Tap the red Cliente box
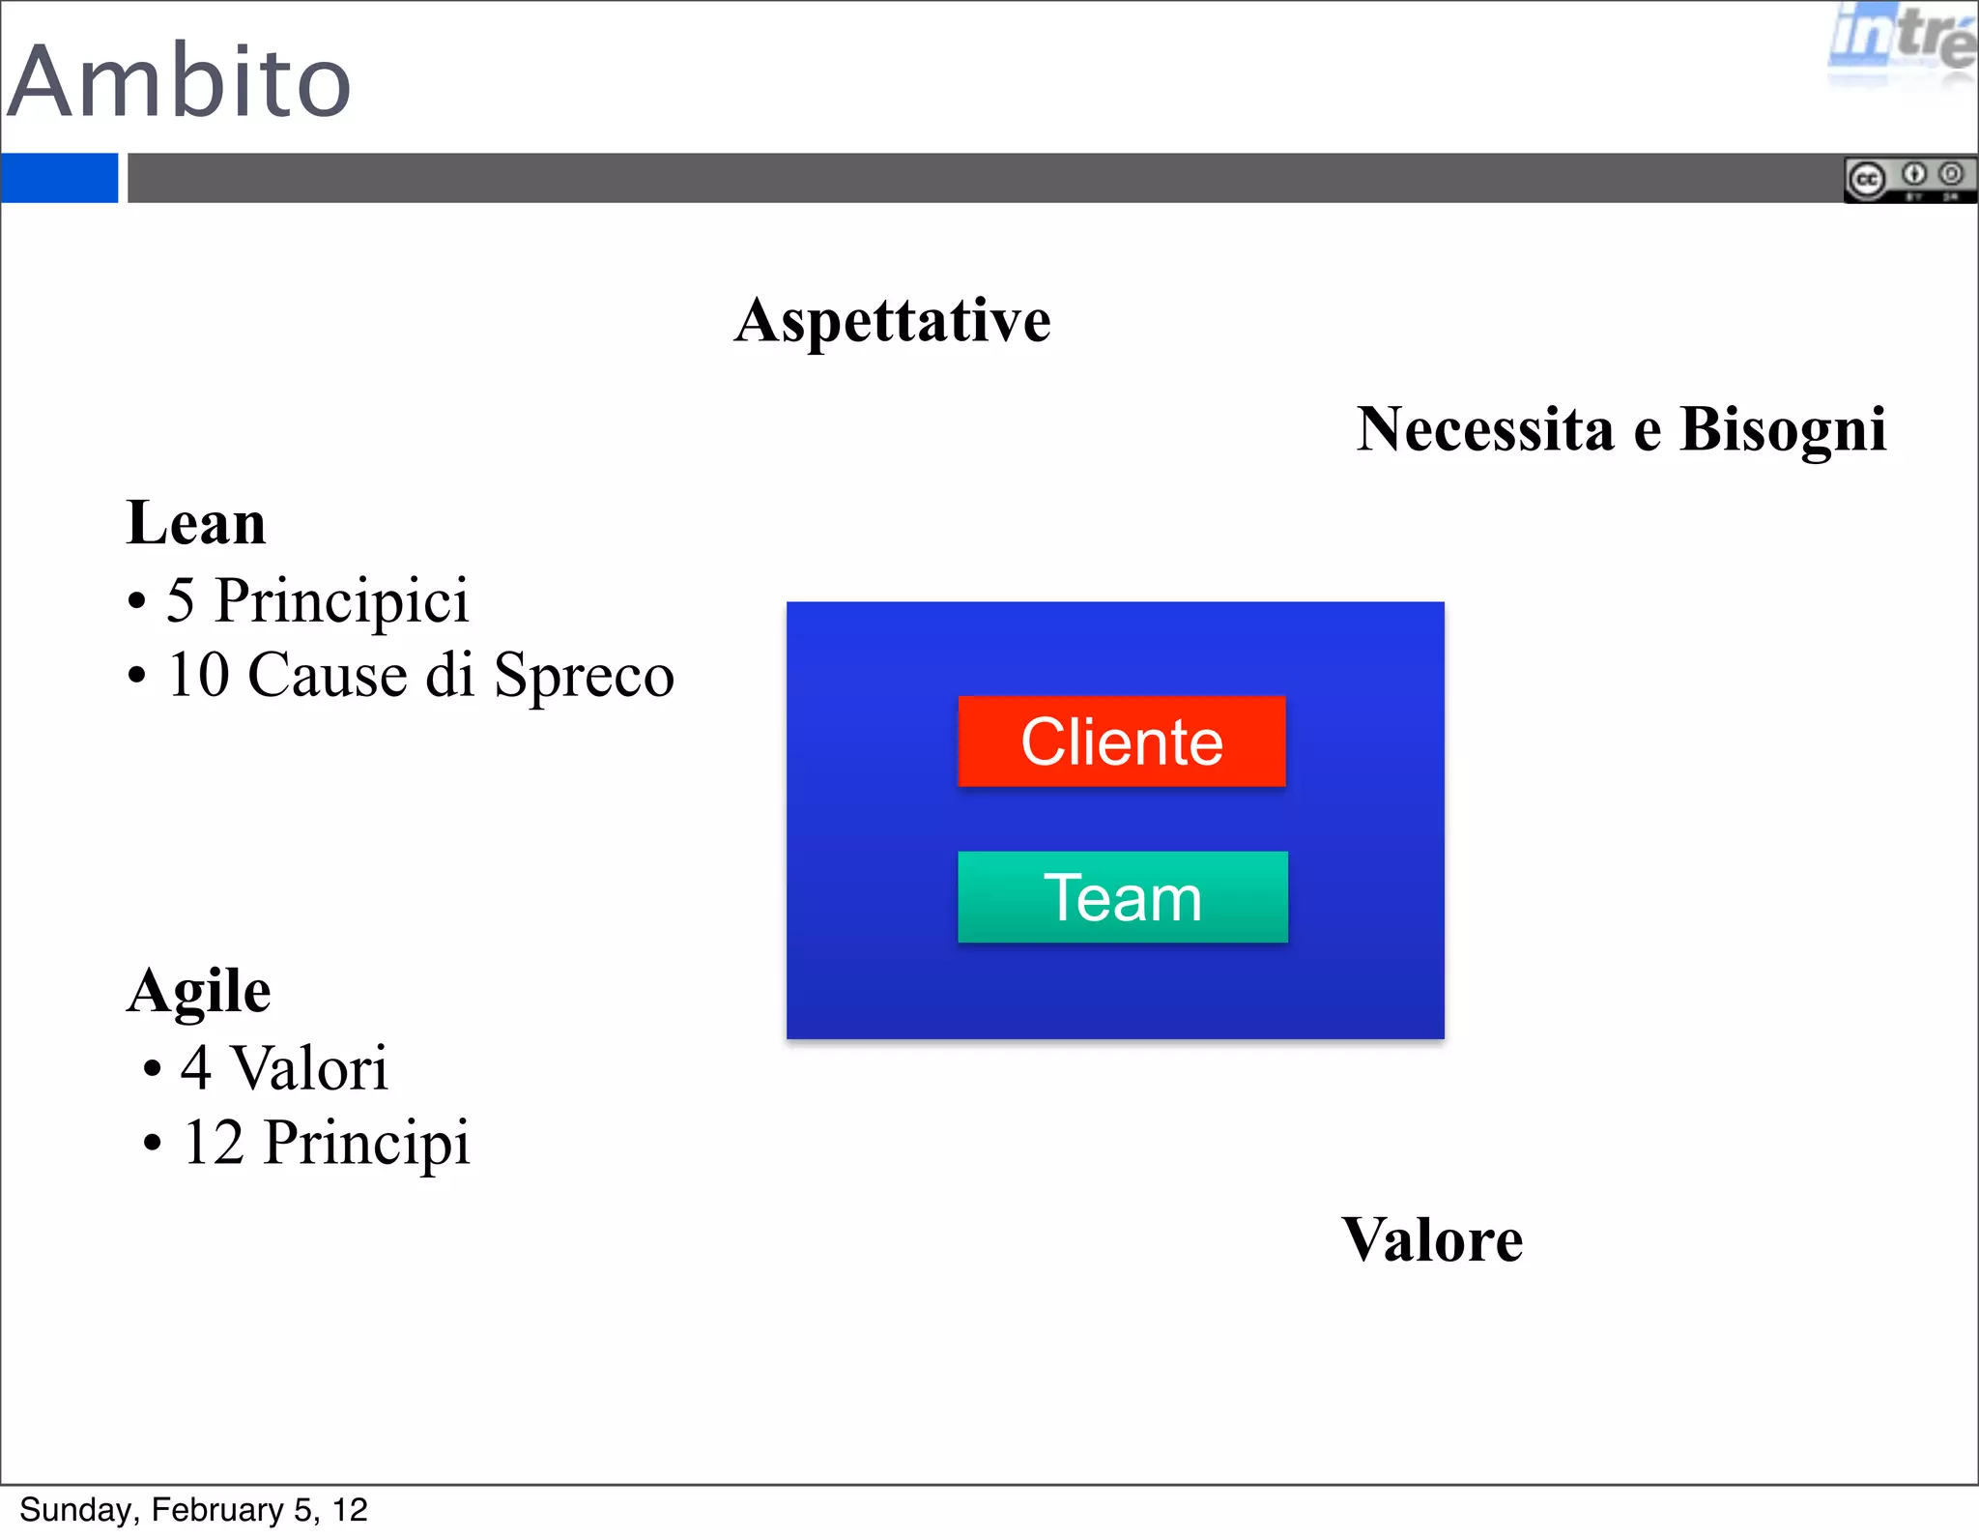pos(1121,741)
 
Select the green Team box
pos(1122,897)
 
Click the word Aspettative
pos(892,321)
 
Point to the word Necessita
pos(1484,429)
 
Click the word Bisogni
pos(1783,429)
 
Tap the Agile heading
pos(199,991)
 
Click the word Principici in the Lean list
pos(341,601)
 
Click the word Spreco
pos(584,676)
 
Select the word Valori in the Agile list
pos(309,1068)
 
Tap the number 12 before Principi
pos(213,1143)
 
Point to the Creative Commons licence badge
pos(1908,179)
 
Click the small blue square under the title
pos(59,178)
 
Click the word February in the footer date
pos(217,1510)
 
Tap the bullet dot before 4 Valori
pos(152,1070)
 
